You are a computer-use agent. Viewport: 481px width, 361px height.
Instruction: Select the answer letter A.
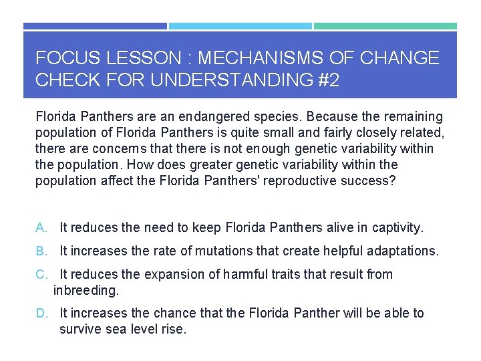tap(41, 228)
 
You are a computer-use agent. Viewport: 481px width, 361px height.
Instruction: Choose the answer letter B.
tap(41, 251)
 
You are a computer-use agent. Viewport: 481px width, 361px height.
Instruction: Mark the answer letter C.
tap(41, 275)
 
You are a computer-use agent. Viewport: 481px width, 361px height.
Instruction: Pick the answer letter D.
tap(41, 314)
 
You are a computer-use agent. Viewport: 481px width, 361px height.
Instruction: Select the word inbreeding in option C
tap(85, 291)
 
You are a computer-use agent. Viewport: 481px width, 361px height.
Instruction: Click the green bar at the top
tap(385, 26)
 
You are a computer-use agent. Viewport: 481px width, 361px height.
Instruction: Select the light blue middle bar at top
tap(240, 26)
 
